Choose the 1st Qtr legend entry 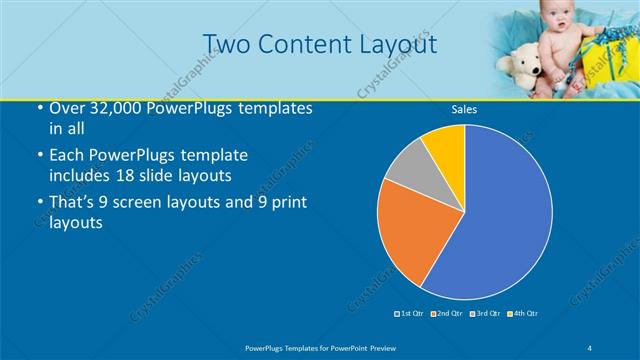click(x=411, y=313)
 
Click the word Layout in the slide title click(x=392, y=45)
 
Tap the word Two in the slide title click(x=227, y=45)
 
